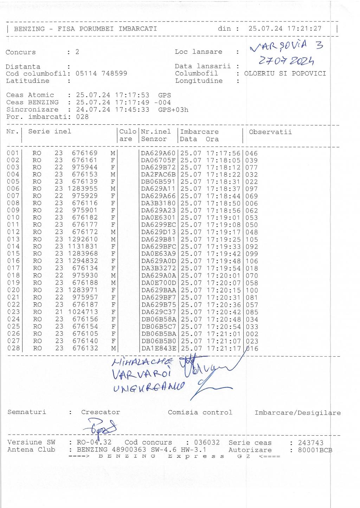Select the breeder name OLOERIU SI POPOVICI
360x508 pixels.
(285, 73)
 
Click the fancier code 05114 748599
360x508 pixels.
(101, 73)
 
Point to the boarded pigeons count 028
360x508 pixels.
(82, 117)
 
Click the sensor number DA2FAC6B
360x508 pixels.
(158, 175)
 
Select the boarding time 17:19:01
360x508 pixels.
(223, 217)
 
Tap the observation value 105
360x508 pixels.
(252, 239)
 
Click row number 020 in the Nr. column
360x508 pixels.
(13, 290)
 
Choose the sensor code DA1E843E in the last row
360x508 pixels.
(158, 349)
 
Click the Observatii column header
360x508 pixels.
(270, 132)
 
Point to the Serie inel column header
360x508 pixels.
(50, 131)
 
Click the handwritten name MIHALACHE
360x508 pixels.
(142, 362)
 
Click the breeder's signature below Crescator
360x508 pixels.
(100, 427)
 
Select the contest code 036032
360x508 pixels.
(207, 443)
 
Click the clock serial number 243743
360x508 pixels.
(310, 443)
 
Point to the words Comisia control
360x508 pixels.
(200, 412)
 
